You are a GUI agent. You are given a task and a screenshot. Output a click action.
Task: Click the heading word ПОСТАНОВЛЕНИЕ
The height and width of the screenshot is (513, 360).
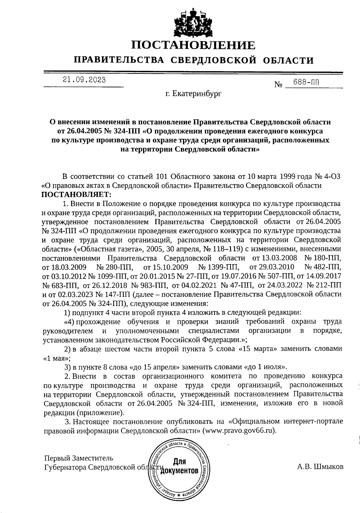193,45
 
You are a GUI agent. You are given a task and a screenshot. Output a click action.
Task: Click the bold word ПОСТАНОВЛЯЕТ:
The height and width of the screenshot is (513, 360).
76,195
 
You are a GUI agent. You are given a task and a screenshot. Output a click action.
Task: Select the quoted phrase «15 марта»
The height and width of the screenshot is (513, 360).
256,349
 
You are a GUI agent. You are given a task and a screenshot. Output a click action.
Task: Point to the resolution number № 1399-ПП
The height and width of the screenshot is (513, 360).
218,267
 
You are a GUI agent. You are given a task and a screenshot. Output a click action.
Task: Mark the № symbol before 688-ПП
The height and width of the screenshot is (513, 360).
279,85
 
